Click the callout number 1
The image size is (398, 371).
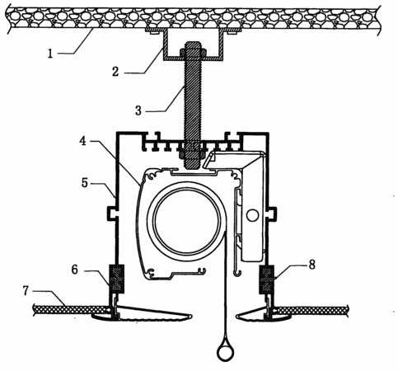[50, 54]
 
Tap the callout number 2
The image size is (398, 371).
[115, 72]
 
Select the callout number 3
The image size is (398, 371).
[138, 110]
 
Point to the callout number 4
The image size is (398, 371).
[82, 141]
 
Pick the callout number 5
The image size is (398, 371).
[85, 182]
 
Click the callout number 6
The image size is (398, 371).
[75, 270]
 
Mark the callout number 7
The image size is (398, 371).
[26, 291]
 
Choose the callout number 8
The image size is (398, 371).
[312, 265]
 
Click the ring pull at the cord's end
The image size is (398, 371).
[225, 352]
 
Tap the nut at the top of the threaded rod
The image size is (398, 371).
[194, 52]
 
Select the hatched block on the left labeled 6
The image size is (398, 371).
[117, 279]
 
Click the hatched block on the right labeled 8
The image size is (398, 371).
[267, 279]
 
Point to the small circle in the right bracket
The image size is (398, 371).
[252, 215]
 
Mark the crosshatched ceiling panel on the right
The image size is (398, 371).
[311, 311]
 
